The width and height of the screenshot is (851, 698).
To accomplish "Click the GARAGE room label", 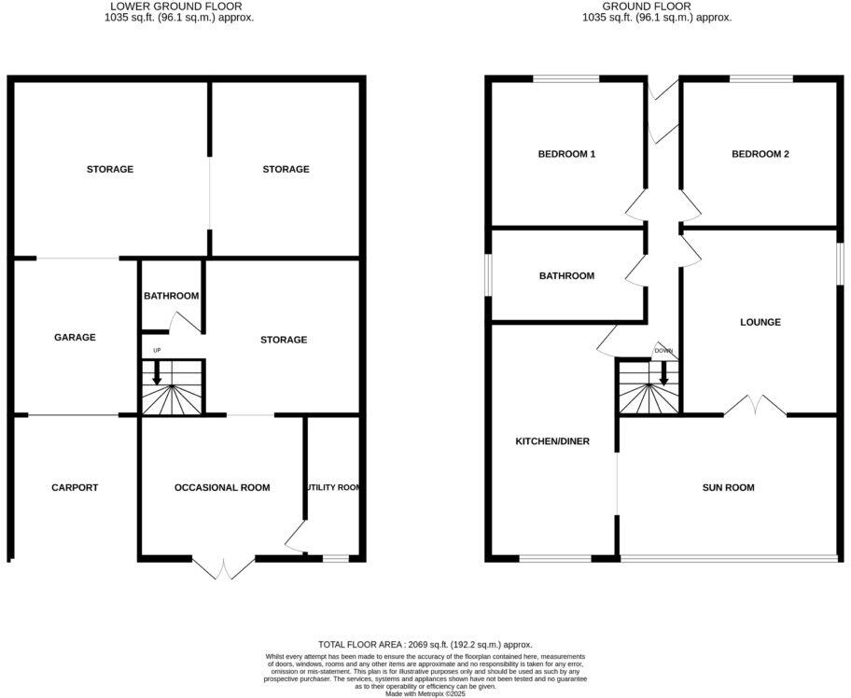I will coord(75,338).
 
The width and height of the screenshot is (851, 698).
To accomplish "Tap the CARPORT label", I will coord(75,487).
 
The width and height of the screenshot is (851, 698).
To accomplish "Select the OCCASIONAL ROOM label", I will coord(222,487).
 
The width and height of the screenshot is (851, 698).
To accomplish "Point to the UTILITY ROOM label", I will coord(332,487).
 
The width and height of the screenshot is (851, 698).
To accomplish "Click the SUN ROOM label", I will coord(729,487).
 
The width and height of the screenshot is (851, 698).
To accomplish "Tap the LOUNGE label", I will coord(760,322).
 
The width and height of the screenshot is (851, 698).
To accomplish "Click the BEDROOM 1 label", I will coord(566,154).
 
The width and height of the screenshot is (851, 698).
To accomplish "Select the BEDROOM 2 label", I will coord(760,154).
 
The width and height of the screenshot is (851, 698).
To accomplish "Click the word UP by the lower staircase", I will coord(156,351).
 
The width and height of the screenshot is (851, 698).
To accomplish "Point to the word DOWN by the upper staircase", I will coord(663,351).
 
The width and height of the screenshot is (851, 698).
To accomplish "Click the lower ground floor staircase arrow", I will coord(157,373).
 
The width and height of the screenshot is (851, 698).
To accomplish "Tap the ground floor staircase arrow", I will coord(663,373).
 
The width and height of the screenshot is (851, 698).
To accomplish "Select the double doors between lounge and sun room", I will coord(754,406).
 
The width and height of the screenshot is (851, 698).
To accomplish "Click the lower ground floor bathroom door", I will coord(185,322).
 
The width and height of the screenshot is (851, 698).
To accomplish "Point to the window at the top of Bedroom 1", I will coord(566,79).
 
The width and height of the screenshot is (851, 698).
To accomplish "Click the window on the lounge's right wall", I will coord(838,262).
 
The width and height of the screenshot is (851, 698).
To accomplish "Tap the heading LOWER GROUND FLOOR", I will coord(177,6).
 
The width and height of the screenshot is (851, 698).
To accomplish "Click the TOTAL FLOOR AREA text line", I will coord(425,644).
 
